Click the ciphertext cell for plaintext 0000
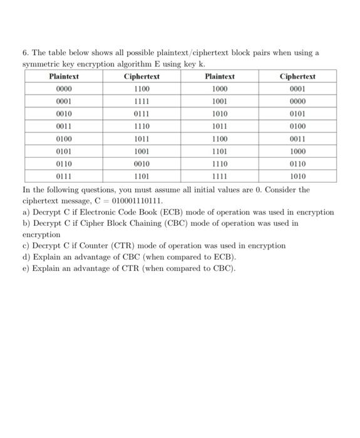[141, 89]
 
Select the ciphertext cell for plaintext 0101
[141, 151]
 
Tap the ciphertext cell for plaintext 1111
[297, 176]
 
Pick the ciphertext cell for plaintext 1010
[297, 114]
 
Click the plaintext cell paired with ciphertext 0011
[220, 138]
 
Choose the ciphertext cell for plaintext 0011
[141, 126]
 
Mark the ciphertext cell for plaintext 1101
[297, 151]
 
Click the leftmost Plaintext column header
[64, 76]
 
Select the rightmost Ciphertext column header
[297, 76]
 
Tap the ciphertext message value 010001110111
[136, 201]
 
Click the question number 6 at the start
[25, 53]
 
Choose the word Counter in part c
[98, 246]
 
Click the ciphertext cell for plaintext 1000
[297, 89]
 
